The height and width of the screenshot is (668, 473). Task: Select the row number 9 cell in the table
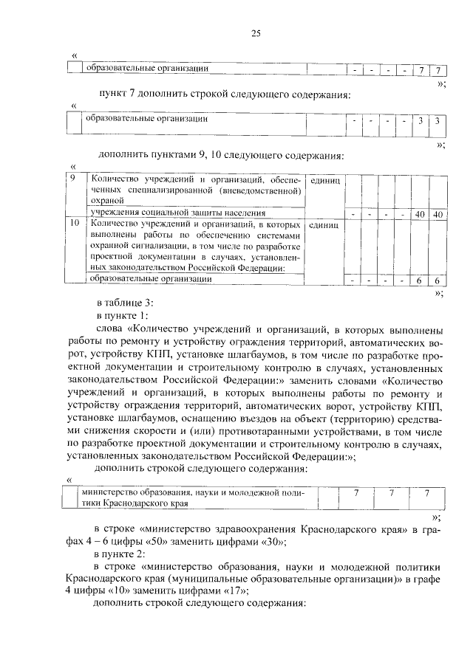(x=72, y=180)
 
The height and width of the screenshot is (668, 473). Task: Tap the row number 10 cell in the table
(x=74, y=222)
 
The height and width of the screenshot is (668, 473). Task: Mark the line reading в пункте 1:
(x=122, y=316)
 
